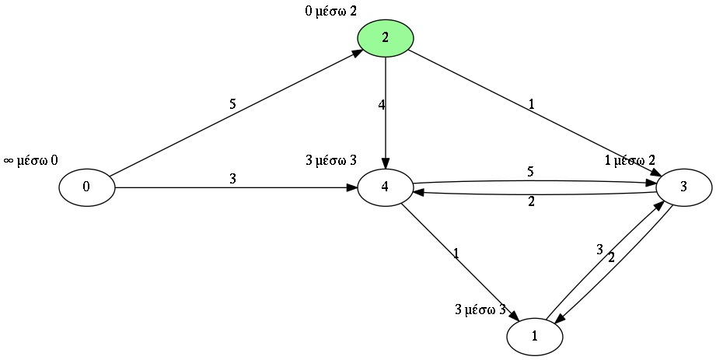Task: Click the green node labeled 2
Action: point(385,37)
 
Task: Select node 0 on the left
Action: point(86,187)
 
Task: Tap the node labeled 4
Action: point(385,187)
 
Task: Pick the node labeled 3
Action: point(683,187)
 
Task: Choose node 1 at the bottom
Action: point(534,336)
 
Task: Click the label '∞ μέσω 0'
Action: point(31,161)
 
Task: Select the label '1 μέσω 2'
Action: point(635,161)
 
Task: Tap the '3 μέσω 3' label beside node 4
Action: point(331,161)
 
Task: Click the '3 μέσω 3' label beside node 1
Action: point(480,309)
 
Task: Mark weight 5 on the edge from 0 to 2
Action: point(232,103)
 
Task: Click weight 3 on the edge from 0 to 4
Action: point(232,179)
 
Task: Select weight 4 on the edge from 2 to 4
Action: point(382,104)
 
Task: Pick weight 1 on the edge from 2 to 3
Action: point(531,104)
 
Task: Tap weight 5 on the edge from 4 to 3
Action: point(531,171)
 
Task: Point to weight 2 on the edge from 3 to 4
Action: point(531,202)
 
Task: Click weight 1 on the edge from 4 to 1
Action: point(456,253)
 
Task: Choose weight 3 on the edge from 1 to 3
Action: point(599,250)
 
